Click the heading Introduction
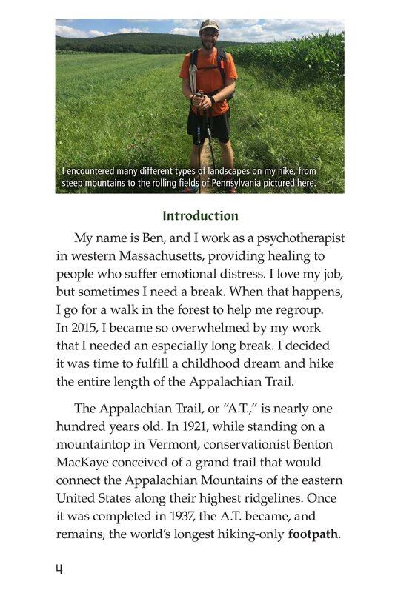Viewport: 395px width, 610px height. (200, 216)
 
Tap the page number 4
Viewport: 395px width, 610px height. (59, 569)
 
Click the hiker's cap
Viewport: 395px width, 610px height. (209, 24)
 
